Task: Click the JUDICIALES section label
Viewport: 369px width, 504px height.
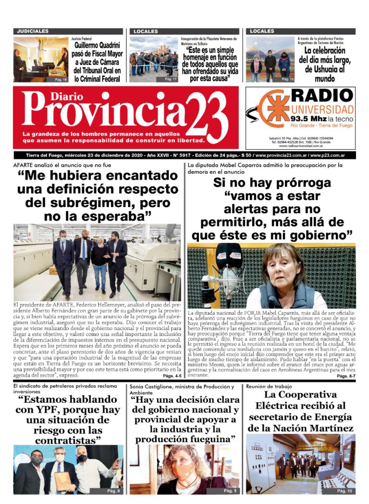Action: (x=33, y=31)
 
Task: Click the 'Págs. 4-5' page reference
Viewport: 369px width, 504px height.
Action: (x=171, y=376)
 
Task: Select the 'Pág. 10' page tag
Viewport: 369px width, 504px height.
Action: (x=344, y=491)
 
